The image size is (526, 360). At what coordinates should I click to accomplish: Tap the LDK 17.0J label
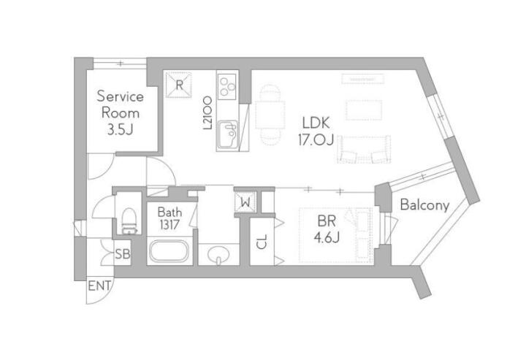[316, 131]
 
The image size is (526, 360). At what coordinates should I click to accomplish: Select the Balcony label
[424, 204]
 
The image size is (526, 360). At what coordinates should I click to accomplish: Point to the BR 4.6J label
[327, 229]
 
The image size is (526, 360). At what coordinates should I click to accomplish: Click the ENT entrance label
[99, 286]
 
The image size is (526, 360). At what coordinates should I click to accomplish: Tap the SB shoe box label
[123, 254]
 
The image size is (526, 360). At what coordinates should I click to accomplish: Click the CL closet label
[262, 242]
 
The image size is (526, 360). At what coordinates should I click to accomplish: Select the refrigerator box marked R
[179, 85]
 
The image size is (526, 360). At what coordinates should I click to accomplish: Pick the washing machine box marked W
[245, 202]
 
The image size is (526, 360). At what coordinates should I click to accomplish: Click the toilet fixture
[129, 221]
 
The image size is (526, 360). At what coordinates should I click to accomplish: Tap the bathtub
[169, 251]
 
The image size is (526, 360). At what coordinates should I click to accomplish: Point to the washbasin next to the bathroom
[218, 255]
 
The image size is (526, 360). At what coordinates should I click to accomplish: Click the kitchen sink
[228, 134]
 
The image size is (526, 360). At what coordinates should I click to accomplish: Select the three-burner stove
[227, 86]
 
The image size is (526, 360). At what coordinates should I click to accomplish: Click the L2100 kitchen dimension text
[208, 113]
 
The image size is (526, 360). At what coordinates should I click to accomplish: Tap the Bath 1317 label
[169, 218]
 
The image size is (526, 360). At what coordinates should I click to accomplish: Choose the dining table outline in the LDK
[270, 115]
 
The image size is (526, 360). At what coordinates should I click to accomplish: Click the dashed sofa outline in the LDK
[364, 150]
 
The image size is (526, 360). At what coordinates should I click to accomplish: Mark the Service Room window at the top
[120, 63]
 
